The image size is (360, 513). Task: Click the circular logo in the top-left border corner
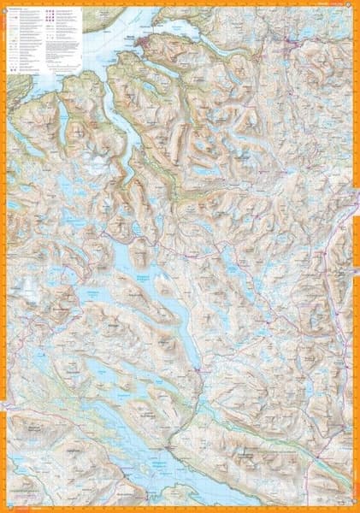(5, 5)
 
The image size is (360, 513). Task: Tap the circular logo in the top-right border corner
(354, 5)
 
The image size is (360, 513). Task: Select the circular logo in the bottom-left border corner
(5, 507)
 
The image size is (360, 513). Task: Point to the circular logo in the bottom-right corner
(354, 507)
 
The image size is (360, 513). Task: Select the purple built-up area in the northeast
(295, 38)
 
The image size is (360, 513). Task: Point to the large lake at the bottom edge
(128, 466)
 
